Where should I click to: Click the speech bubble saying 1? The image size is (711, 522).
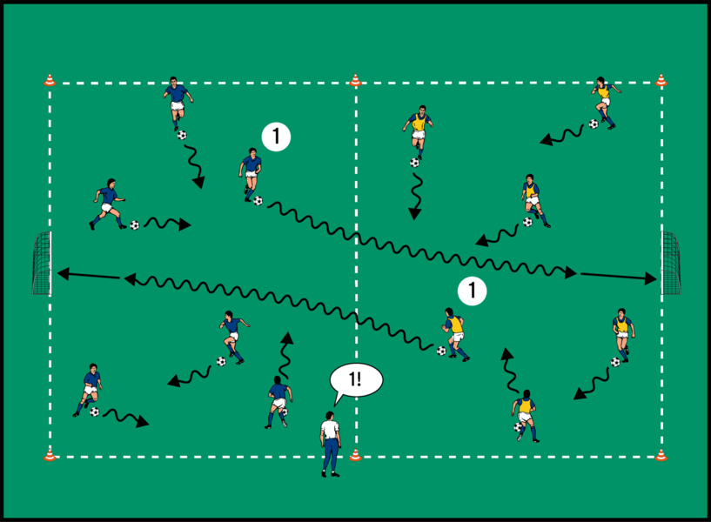coord(357,380)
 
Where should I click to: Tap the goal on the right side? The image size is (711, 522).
coord(671,263)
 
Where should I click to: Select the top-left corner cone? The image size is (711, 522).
coord(50,81)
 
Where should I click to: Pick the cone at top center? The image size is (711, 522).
coord(355,81)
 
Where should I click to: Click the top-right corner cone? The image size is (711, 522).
coord(661,81)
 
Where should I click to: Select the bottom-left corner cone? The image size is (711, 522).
coord(50,454)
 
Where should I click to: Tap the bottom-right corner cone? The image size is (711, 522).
coord(661,454)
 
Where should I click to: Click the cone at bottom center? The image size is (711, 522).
coord(355,454)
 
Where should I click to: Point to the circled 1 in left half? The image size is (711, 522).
coord(276,137)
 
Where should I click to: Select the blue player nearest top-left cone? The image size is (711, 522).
coord(177,103)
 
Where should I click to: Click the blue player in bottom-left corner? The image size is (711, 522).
coord(90,389)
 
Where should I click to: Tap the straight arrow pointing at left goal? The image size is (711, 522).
coord(87,275)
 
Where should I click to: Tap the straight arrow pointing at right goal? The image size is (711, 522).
coord(618,277)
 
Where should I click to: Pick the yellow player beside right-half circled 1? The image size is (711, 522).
coord(453,332)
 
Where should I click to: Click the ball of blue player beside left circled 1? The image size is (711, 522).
coord(258,201)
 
